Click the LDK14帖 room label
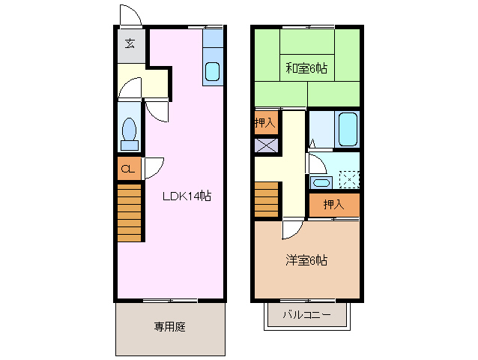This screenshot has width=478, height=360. (x=187, y=196)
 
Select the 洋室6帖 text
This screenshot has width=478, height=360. (x=306, y=260)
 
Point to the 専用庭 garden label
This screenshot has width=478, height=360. (x=169, y=326)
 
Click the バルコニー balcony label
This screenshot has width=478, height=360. (x=307, y=315)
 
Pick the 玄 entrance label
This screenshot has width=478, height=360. (x=130, y=44)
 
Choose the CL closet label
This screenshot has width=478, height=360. (x=127, y=169)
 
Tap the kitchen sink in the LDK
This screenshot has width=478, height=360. (x=213, y=72)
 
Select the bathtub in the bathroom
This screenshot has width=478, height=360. (x=347, y=130)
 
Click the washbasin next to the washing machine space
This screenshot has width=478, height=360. (x=321, y=182)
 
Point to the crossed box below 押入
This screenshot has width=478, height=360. (x=265, y=146)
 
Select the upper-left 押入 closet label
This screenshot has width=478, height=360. (x=265, y=121)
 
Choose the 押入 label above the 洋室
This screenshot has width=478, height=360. (x=333, y=204)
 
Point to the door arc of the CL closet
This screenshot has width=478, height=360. (x=153, y=166)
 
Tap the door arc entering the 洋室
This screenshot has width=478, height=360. (x=294, y=229)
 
